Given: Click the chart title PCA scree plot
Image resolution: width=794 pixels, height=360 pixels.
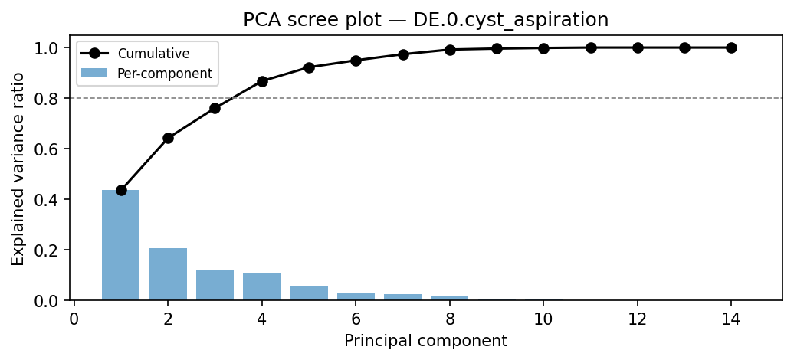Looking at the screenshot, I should [x=425, y=21].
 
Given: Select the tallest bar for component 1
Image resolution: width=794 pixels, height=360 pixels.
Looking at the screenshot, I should [x=121, y=245].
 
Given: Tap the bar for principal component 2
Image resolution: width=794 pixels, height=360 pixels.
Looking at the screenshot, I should [x=168, y=274].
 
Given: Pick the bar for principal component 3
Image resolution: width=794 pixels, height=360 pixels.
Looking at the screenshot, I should [x=215, y=285].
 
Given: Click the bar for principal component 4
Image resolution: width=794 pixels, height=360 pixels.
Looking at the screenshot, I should [x=261, y=286].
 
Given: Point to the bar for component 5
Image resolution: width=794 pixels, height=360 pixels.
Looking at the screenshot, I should [x=309, y=293].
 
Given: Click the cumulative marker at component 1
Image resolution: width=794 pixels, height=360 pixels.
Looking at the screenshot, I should [x=121, y=190].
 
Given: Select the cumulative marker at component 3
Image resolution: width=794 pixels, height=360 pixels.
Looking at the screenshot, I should [x=215, y=108].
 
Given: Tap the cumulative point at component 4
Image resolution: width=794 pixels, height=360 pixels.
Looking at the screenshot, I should [x=261, y=81].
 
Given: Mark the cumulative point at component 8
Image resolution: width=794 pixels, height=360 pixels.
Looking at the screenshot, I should [x=450, y=50].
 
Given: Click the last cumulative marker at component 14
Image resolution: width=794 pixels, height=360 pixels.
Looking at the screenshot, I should [x=731, y=47].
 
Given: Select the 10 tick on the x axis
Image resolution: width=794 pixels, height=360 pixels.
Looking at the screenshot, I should [x=543, y=319].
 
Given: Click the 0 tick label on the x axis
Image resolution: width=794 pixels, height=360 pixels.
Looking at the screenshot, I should [x=74, y=319].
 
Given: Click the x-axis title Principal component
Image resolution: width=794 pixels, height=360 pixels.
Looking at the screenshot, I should [x=425, y=341].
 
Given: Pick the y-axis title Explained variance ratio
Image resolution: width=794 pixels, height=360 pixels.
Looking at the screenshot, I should [x=18, y=168].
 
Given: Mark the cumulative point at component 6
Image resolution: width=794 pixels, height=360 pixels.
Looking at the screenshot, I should [x=356, y=61].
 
